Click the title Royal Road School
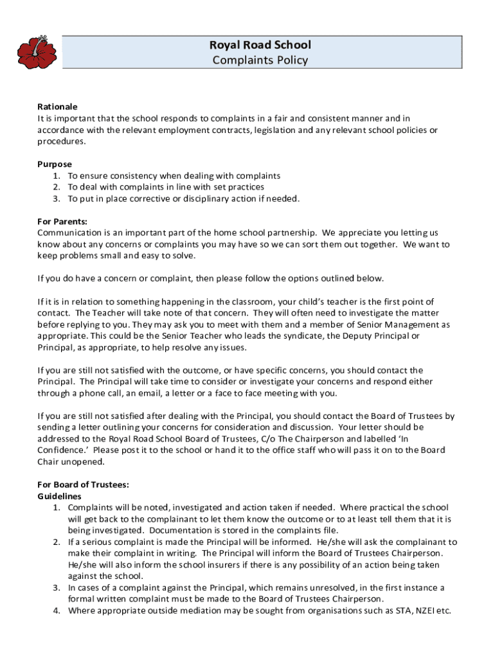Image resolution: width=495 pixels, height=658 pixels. (x=260, y=45)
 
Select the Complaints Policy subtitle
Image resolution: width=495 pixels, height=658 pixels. (x=260, y=60)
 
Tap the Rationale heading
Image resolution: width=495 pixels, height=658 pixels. (x=57, y=107)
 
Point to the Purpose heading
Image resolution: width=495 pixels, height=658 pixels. (x=55, y=164)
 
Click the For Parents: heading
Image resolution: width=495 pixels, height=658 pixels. (x=62, y=221)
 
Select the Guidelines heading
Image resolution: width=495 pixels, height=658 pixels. (x=59, y=496)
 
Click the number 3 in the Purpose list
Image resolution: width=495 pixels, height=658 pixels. (x=57, y=199)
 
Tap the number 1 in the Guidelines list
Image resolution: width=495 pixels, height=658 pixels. (x=57, y=508)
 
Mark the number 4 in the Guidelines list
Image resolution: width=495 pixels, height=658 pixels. (x=57, y=610)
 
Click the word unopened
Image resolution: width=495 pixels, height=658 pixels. (x=82, y=461)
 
